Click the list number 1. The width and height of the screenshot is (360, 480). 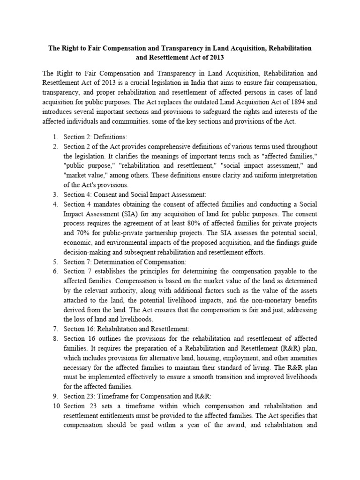coord(54,137)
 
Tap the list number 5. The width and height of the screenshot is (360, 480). coord(54,262)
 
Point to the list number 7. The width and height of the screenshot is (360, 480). coord(54,329)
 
